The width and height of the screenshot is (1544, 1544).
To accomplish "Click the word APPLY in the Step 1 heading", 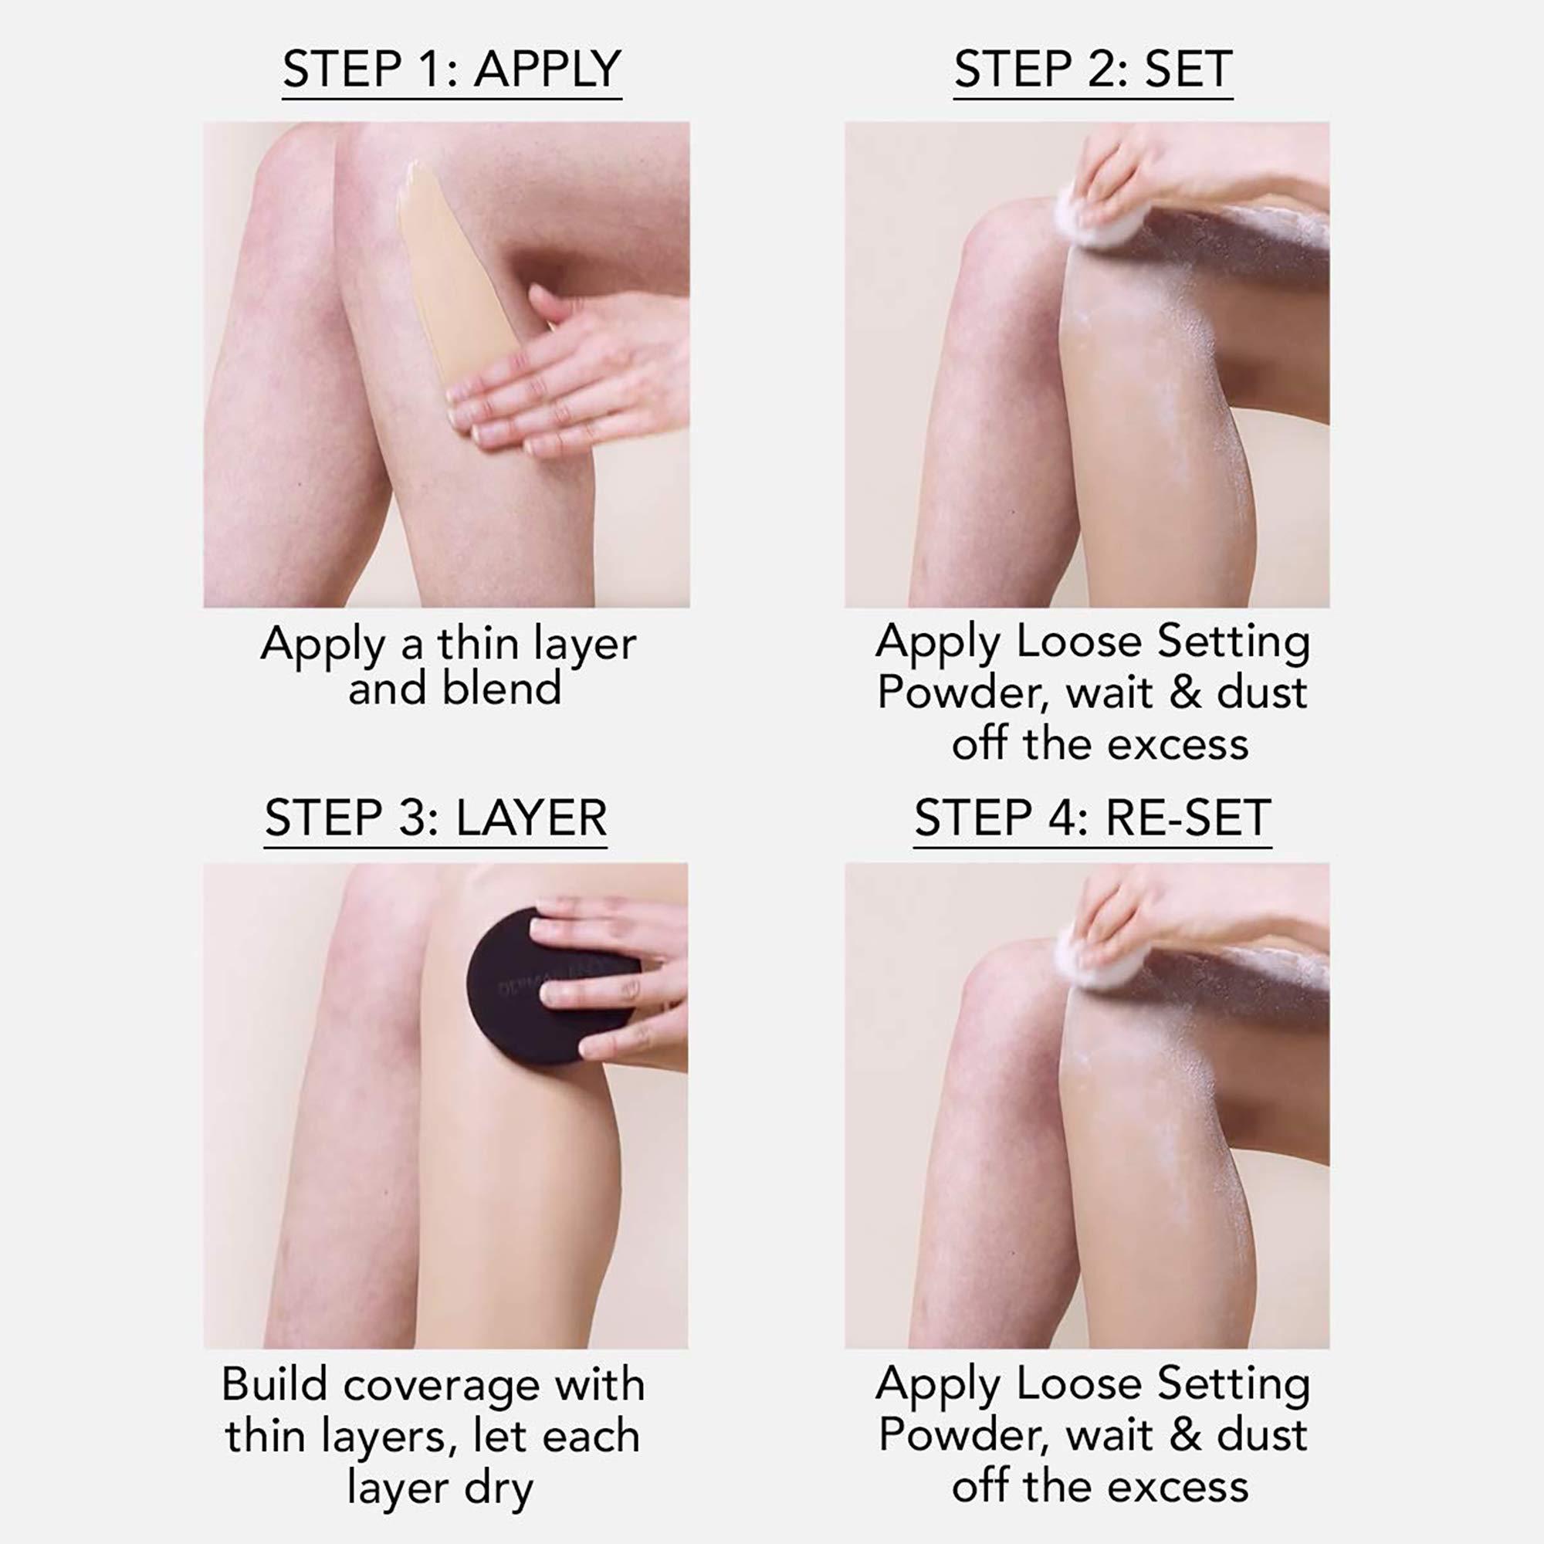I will click(547, 69).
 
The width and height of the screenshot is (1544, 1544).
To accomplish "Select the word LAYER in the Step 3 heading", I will click(531, 818).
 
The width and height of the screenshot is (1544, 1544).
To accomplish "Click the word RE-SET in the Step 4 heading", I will click(1187, 818).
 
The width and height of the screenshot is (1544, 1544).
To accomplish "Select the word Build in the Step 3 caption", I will click(274, 1384).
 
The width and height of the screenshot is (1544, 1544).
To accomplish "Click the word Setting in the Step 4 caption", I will click(1233, 1384).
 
